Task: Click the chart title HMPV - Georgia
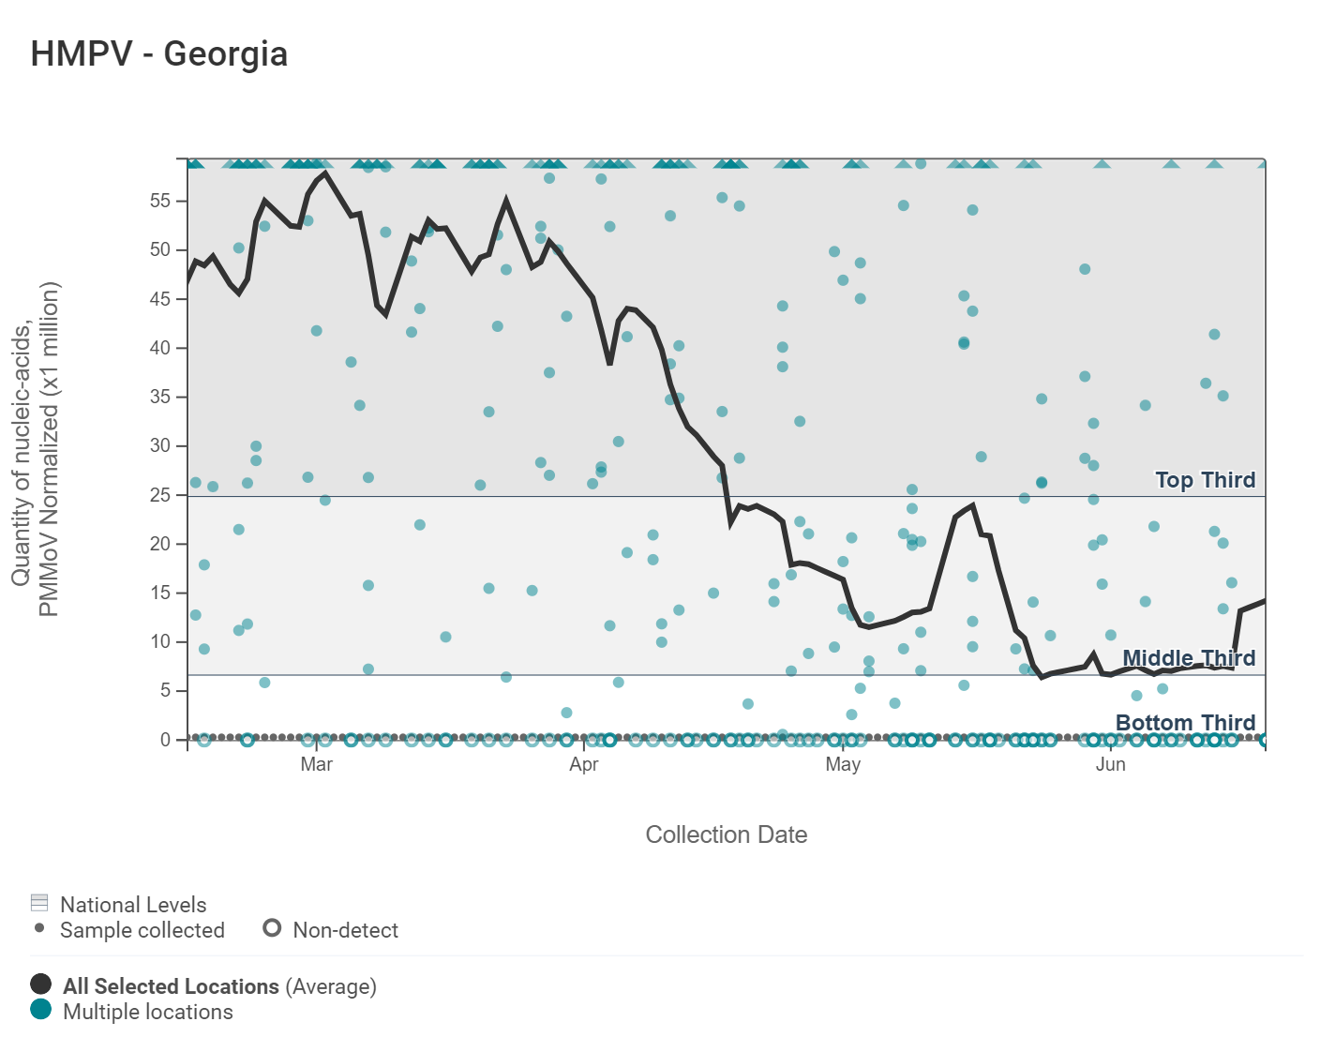(158, 53)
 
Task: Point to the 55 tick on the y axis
(160, 201)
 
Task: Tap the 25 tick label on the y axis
(160, 495)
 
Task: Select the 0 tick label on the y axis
(165, 740)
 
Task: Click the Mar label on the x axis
(317, 764)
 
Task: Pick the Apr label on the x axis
(583, 764)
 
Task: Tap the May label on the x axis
(843, 764)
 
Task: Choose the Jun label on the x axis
(1110, 764)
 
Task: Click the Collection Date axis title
(726, 834)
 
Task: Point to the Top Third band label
(1205, 480)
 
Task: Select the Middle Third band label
(1189, 658)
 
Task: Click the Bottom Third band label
(1185, 723)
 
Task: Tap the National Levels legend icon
(39, 903)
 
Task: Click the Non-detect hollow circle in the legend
(272, 928)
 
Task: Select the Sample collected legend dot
(39, 928)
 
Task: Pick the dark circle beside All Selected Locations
(40, 984)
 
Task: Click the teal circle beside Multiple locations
(40, 1010)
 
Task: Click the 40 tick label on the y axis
(160, 348)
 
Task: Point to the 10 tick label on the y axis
(160, 641)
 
